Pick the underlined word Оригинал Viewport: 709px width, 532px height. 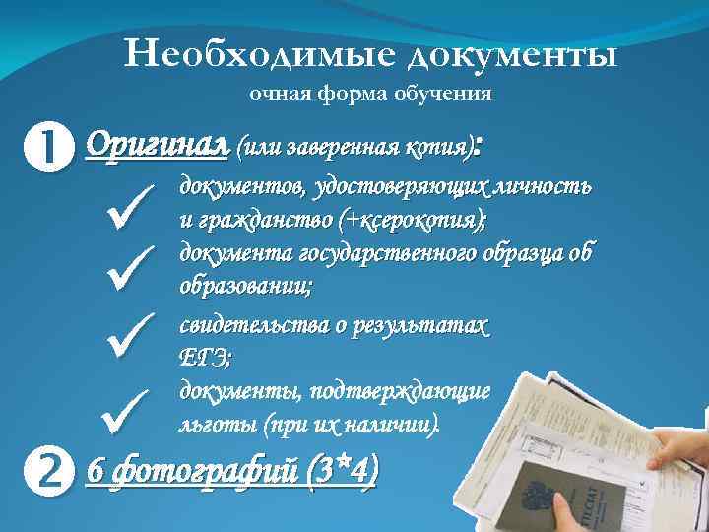click(x=159, y=147)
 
